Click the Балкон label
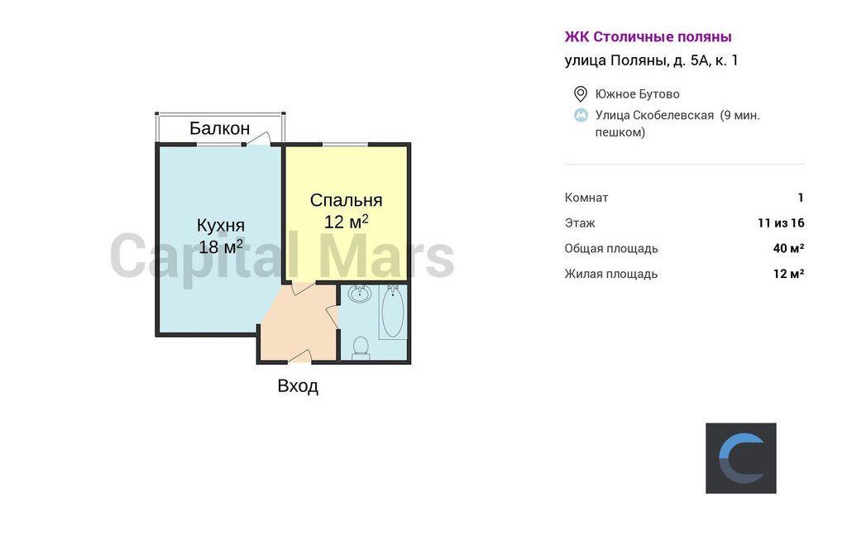coord(219,128)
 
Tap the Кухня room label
coord(220,225)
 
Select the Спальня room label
coord(346,200)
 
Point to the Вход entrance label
coord(298,385)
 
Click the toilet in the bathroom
coord(361,348)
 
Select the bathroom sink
coord(359,294)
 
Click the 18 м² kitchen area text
coord(220,247)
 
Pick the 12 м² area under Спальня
coord(346,222)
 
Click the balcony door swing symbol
coord(258,138)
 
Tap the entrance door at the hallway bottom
coord(299,356)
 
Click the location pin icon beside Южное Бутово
coord(580,94)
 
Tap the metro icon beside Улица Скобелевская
coord(581,115)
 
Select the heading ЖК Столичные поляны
coord(648,36)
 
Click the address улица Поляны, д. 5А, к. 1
coord(651,60)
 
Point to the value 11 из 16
coord(781,223)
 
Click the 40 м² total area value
coord(788,248)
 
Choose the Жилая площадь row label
coord(611,274)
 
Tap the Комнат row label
coord(586,197)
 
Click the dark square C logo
coord(740,458)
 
